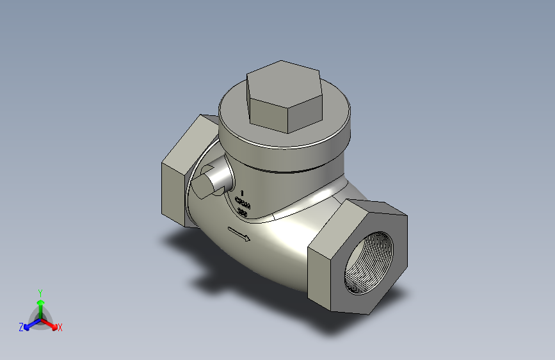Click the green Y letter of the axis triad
[x=40, y=292]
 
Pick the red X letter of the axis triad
[x=60, y=328]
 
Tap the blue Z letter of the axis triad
[x=21, y=327]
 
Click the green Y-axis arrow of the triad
[x=40, y=304]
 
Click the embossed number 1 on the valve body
[x=243, y=192]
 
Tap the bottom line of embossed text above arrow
[x=243, y=213]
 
